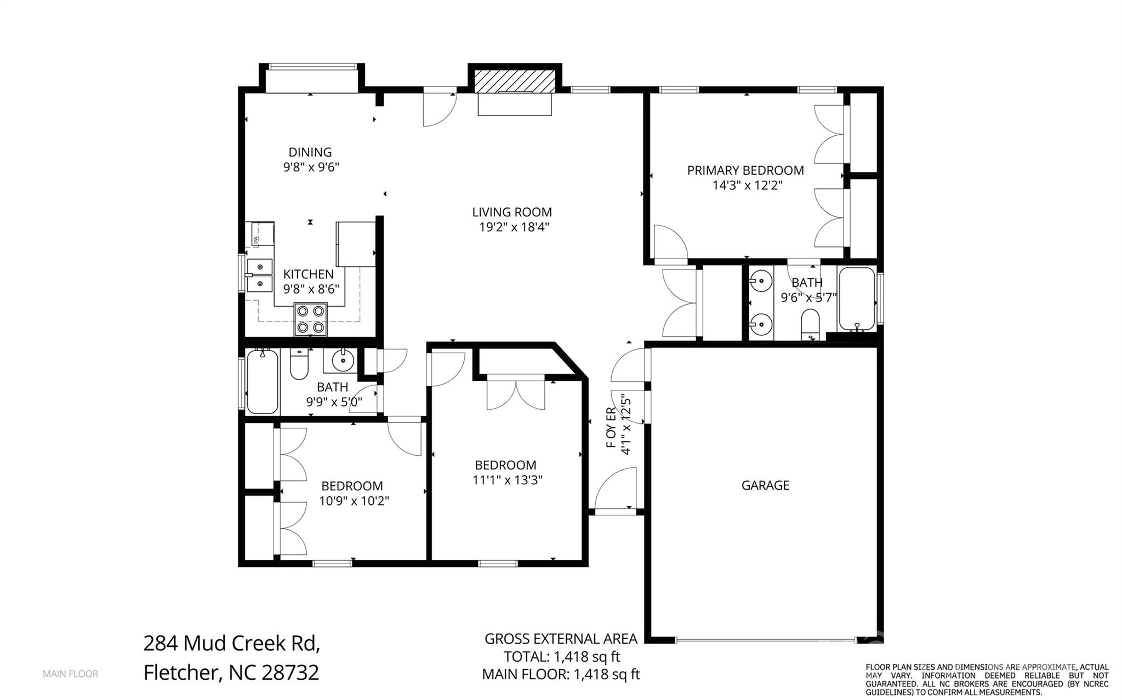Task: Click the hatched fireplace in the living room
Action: [515, 81]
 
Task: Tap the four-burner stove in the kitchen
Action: [310, 319]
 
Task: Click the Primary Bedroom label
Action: [745, 170]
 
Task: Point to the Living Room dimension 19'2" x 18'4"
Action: [514, 227]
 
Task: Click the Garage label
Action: [765, 485]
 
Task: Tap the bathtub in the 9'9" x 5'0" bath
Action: [263, 382]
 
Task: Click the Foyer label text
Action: [611, 427]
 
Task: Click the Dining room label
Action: [310, 152]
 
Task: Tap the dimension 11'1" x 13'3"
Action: [508, 480]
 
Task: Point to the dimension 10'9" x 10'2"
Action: [354, 501]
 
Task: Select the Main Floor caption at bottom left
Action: [71, 674]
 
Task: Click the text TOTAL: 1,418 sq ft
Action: [562, 657]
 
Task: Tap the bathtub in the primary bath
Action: [856, 299]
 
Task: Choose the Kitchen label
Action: [308, 274]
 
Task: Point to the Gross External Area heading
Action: [561, 639]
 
